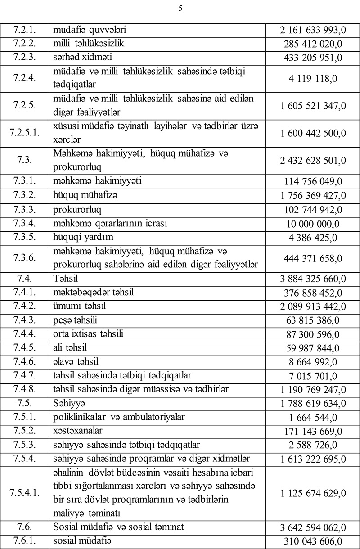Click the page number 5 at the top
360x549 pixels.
tap(180, 8)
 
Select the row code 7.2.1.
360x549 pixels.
tap(25, 30)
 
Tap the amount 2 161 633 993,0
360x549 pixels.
tap(313, 31)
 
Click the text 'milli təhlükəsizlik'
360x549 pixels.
tap(88, 43)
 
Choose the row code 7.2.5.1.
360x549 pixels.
tap(25, 133)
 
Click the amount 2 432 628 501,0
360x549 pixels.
tap(313, 160)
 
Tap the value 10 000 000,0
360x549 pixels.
tap(313, 224)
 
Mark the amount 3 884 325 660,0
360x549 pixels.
tap(313, 279)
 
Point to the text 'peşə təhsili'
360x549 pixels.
tap(75, 320)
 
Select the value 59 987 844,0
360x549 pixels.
tap(313, 348)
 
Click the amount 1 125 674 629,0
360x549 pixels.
tap(313, 493)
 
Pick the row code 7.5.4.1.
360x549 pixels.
tap(25, 492)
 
